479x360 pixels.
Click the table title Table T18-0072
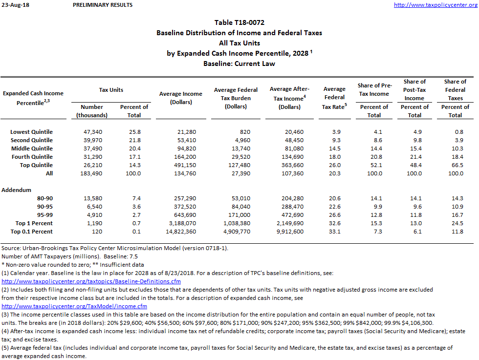239,22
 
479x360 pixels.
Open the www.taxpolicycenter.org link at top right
435,5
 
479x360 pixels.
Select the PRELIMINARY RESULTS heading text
102,5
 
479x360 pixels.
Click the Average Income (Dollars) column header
180,98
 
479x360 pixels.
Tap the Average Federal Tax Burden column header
236,98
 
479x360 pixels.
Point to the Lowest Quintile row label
31,132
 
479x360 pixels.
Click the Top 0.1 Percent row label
32,232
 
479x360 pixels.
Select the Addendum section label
17,190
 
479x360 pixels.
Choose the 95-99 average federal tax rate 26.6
335,215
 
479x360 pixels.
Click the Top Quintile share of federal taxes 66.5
457,165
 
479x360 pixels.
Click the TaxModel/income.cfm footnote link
74,306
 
